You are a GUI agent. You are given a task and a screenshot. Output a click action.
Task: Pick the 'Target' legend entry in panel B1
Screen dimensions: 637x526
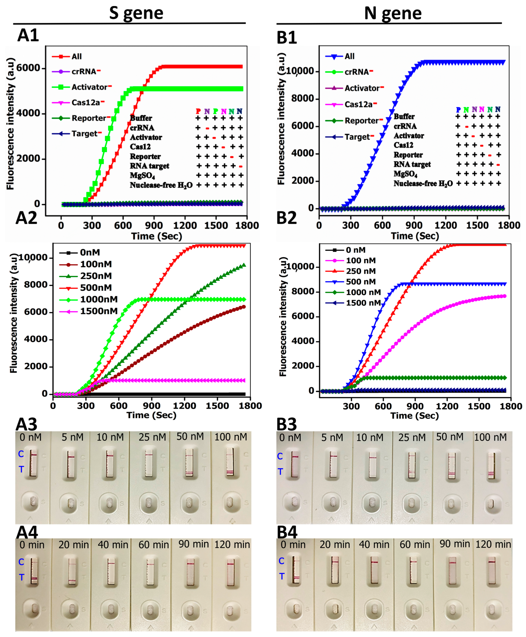tap(357, 137)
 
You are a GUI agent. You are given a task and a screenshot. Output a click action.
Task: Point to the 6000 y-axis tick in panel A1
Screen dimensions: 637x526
tap(28, 68)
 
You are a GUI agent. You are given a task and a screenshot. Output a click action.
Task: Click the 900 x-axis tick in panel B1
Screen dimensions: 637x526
tap(414, 225)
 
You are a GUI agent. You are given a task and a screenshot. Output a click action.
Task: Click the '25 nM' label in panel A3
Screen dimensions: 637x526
tap(152, 437)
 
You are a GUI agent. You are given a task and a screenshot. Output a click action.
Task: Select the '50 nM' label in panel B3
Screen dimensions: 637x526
tap(450, 437)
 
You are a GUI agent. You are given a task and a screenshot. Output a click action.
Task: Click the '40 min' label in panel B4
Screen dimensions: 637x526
tap(374, 545)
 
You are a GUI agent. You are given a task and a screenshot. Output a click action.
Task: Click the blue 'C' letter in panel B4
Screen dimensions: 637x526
tap(281, 561)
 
